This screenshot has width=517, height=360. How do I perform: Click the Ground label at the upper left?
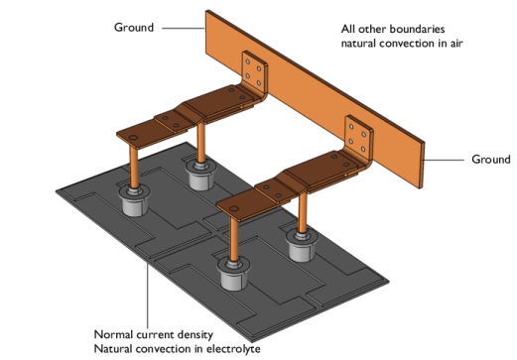point(134,27)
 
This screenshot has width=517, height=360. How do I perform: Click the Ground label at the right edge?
point(491,160)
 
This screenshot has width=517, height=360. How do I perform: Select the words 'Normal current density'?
point(154,334)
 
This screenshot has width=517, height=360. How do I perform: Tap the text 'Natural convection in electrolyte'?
point(177,349)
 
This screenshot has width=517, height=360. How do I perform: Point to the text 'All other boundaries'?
point(393,29)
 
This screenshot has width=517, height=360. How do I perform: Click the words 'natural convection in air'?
point(402,44)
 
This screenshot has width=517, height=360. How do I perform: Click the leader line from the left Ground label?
point(184,29)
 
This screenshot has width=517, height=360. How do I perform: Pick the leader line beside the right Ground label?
point(444,160)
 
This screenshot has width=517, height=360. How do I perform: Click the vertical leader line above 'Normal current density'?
point(148,297)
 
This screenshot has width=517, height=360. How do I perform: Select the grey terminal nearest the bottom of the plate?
point(233,274)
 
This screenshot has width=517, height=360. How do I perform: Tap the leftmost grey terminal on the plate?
point(134,200)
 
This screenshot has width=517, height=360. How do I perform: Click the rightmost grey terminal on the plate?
point(302,245)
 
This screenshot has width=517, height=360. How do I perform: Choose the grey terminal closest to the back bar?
point(200,175)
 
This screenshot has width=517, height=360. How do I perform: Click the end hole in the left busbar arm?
point(133,137)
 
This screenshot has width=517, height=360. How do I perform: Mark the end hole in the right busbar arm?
point(234,208)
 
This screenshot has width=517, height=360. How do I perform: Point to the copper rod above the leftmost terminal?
point(134,168)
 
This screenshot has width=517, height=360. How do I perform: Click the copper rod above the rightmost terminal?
point(303,213)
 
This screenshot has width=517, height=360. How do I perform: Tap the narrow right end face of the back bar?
point(422,166)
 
